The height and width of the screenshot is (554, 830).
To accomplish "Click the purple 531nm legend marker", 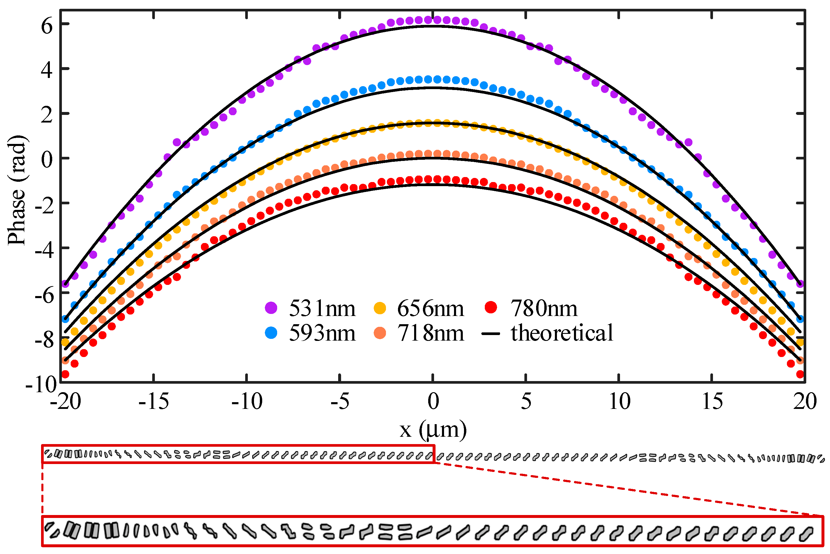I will (271, 308).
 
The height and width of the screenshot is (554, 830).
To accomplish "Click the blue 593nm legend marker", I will (271, 332).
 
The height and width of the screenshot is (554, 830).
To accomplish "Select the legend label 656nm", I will (430, 308).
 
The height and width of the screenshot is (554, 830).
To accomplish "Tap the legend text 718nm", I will (430, 333).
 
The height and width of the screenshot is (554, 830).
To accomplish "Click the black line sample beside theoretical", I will (491, 334).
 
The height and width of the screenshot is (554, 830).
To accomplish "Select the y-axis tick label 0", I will (47, 160).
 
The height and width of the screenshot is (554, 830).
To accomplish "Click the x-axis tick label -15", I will (153, 401).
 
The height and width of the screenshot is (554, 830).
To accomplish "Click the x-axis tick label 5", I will (526, 401).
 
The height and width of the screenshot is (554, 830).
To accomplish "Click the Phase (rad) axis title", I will (17, 190).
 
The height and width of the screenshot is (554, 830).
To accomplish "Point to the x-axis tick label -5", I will (340, 401).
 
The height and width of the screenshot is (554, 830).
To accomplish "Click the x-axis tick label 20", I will (804, 401).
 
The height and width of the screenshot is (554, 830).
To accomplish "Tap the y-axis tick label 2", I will (47, 115).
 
